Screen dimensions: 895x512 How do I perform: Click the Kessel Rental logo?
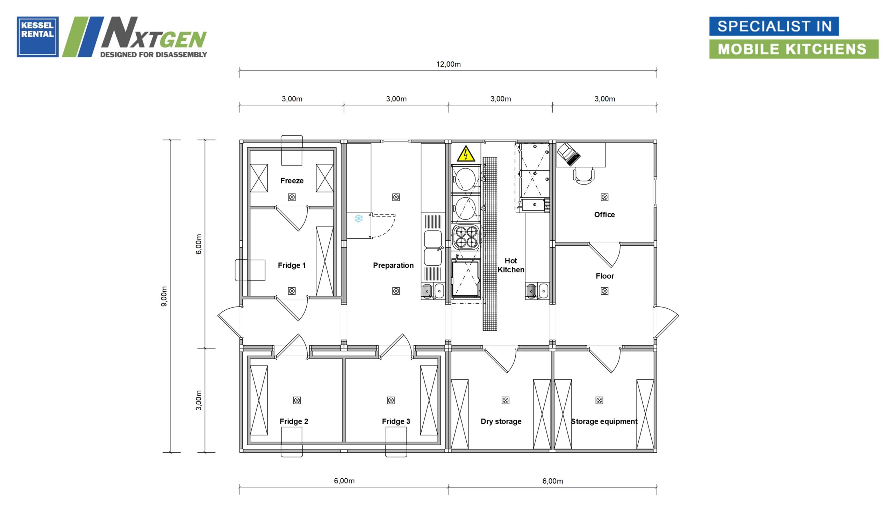tap(38, 37)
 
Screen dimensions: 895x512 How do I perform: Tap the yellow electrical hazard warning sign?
tap(466, 154)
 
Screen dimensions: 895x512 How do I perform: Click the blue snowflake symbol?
tap(358, 219)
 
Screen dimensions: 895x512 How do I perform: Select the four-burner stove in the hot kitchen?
tap(466, 237)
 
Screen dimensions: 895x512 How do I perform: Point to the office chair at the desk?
tap(584, 176)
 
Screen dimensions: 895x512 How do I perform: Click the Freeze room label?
tap(292, 181)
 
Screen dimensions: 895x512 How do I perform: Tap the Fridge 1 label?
tap(292, 266)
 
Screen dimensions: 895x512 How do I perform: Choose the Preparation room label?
tap(393, 266)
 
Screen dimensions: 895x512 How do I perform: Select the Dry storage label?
tap(501, 421)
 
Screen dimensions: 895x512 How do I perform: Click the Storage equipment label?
tap(604, 421)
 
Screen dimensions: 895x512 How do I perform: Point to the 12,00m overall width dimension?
tap(449, 64)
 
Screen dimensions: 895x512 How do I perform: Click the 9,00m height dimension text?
tap(164, 296)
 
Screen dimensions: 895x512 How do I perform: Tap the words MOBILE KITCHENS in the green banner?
tap(792, 49)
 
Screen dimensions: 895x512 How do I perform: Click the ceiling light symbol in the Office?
tap(604, 197)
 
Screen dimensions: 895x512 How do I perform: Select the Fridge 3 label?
tap(396, 421)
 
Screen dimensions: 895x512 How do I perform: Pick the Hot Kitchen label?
tap(511, 265)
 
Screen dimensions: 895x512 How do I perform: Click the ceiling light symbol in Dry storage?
tap(505, 400)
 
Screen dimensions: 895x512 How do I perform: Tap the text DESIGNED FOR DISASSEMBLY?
tap(154, 55)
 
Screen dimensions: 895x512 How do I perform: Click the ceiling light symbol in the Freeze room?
tap(292, 197)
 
